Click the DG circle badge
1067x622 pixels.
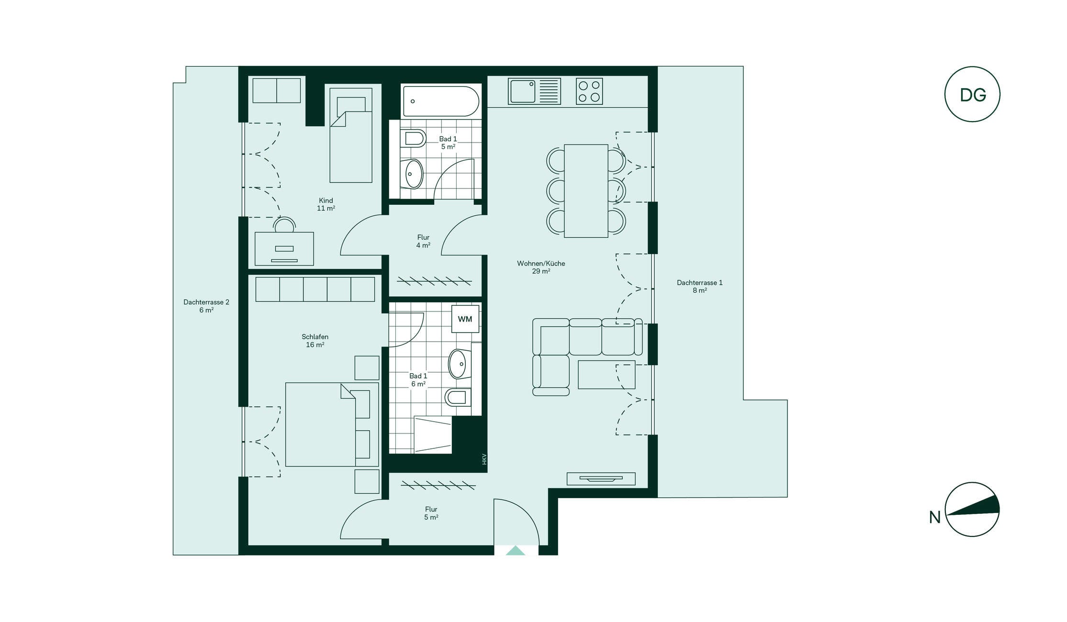tap(972, 94)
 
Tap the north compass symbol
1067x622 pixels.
tap(972, 509)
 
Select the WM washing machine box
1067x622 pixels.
tap(465, 319)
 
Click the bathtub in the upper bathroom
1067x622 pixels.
tap(441, 101)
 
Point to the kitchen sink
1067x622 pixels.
tap(534, 91)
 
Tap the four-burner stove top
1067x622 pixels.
tap(589, 91)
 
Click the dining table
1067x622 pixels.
tap(586, 191)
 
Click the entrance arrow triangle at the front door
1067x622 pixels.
tap(515, 551)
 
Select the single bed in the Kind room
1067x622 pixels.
tap(351, 135)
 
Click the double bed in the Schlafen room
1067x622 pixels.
tap(332, 424)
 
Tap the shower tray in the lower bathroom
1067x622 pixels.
tap(433, 435)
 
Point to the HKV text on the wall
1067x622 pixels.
tap(484, 459)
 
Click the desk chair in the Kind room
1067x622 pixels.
tap(284, 225)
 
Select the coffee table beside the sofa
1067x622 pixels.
tap(607, 375)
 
